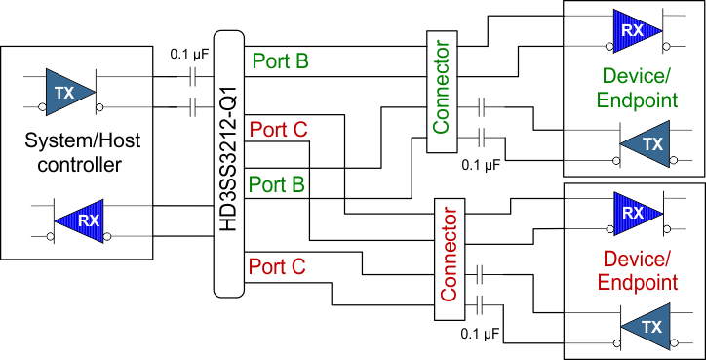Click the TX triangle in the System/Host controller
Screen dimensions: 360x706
[x=68, y=91]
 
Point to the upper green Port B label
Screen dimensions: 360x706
[x=281, y=61]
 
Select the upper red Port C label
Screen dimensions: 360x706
[x=278, y=129]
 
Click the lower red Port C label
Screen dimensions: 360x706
[x=278, y=265]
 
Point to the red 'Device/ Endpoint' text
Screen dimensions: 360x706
[x=640, y=271]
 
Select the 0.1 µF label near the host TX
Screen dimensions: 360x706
[x=189, y=55]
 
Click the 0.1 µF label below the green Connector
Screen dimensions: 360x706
[x=481, y=166]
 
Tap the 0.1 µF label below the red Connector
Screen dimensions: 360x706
[x=481, y=335]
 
